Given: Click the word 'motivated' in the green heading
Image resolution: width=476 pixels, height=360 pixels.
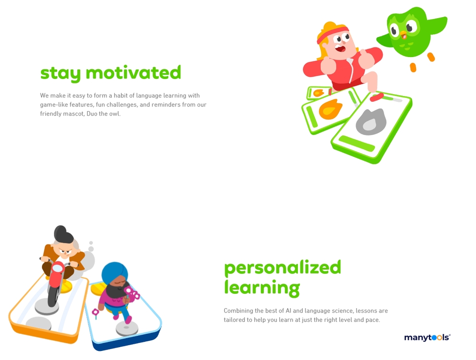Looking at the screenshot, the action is [x=133, y=72].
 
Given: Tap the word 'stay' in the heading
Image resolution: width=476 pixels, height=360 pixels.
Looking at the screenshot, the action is [x=60, y=73].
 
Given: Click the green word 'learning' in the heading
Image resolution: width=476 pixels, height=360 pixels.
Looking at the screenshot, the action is [x=262, y=288].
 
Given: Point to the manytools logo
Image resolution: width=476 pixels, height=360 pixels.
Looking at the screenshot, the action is [x=427, y=338].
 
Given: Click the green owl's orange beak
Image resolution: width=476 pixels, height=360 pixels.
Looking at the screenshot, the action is [x=403, y=34].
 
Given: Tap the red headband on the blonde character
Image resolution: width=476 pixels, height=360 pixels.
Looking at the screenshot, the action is [x=332, y=34].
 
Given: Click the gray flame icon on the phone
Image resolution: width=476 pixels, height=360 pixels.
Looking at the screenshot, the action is [x=371, y=121].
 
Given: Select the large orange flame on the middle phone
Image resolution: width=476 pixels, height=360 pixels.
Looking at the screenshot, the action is [x=330, y=109].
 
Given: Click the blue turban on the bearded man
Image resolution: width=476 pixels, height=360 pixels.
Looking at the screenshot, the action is [x=114, y=272].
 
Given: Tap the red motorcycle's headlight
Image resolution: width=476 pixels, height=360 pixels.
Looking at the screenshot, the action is [x=58, y=268].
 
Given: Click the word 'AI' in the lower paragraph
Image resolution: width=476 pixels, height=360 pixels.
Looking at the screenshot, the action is [x=288, y=311].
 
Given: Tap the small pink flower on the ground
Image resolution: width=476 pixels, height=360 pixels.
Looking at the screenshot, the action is [x=95, y=312].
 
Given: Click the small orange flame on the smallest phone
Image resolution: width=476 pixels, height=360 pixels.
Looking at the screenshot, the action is [x=318, y=93].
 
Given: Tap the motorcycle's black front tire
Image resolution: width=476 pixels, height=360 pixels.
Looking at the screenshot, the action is [x=53, y=294].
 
